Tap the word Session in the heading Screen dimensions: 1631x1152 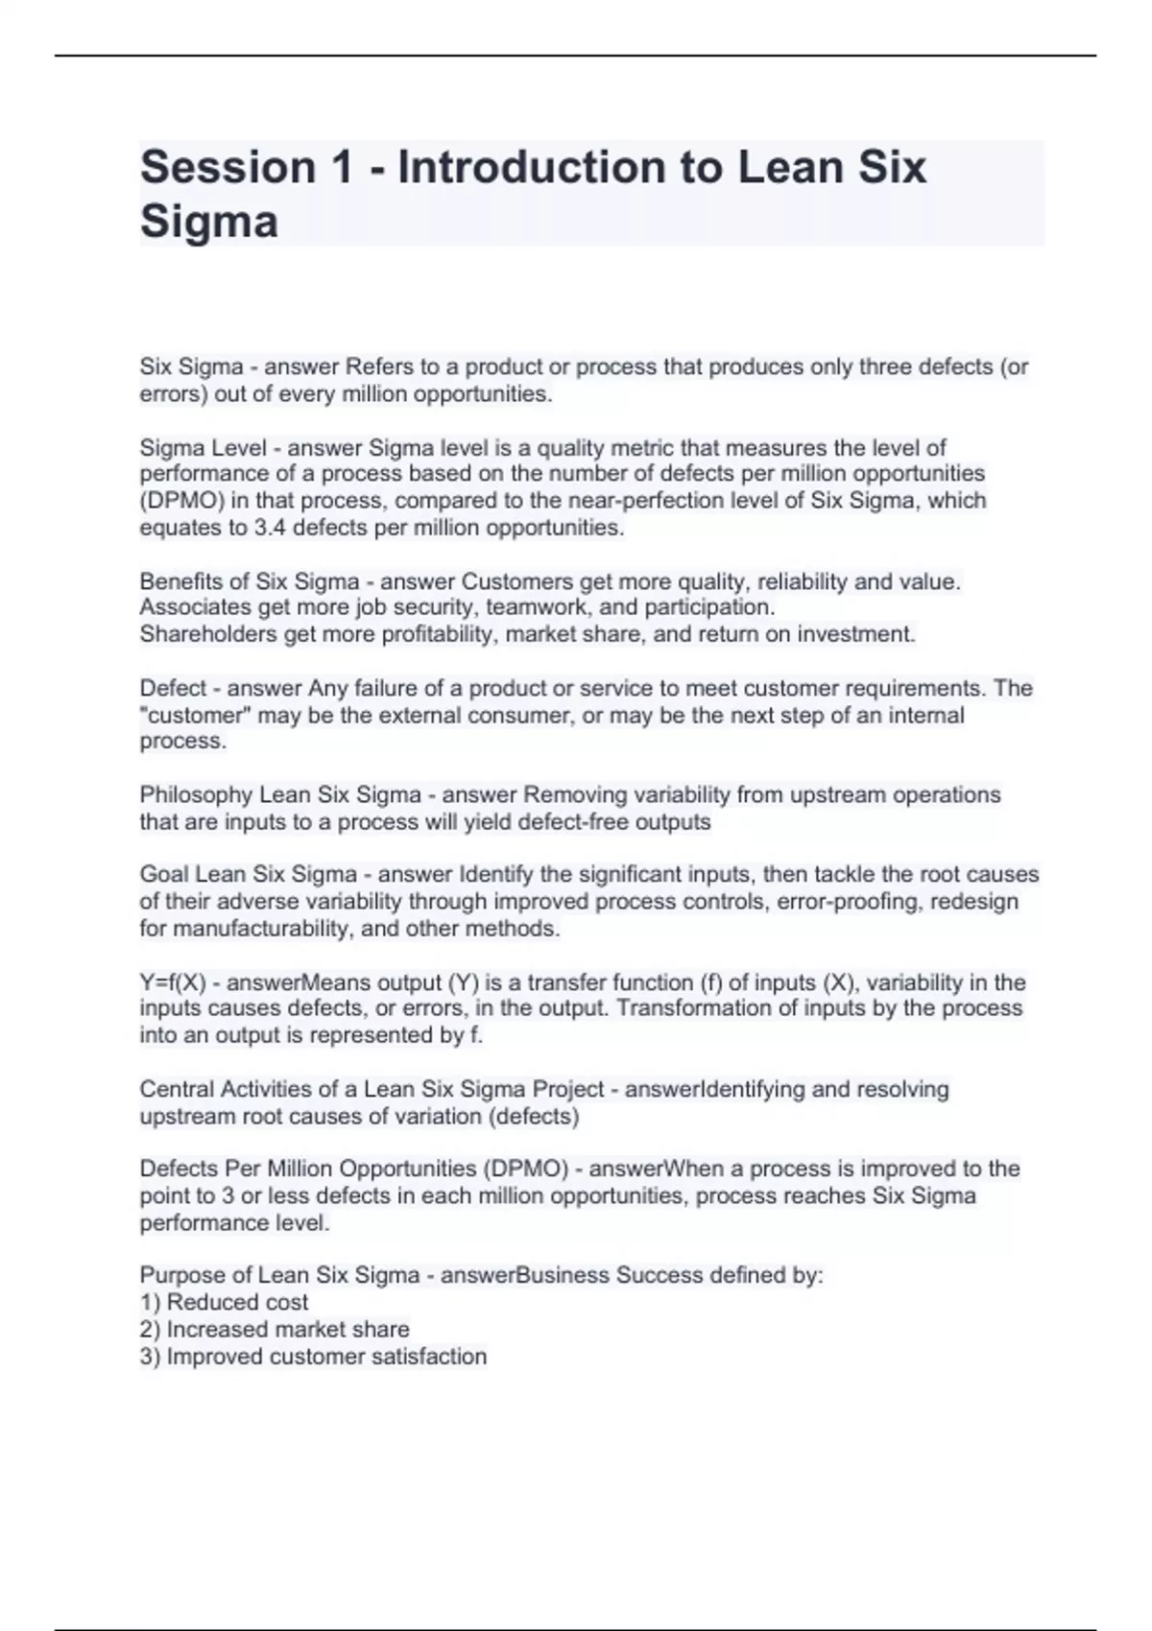point(228,168)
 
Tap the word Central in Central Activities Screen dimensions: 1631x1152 point(177,1090)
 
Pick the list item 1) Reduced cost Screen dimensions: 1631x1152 point(224,1303)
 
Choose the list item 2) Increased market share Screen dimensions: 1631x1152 point(275,1330)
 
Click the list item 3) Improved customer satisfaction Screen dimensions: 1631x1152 point(313,1357)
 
